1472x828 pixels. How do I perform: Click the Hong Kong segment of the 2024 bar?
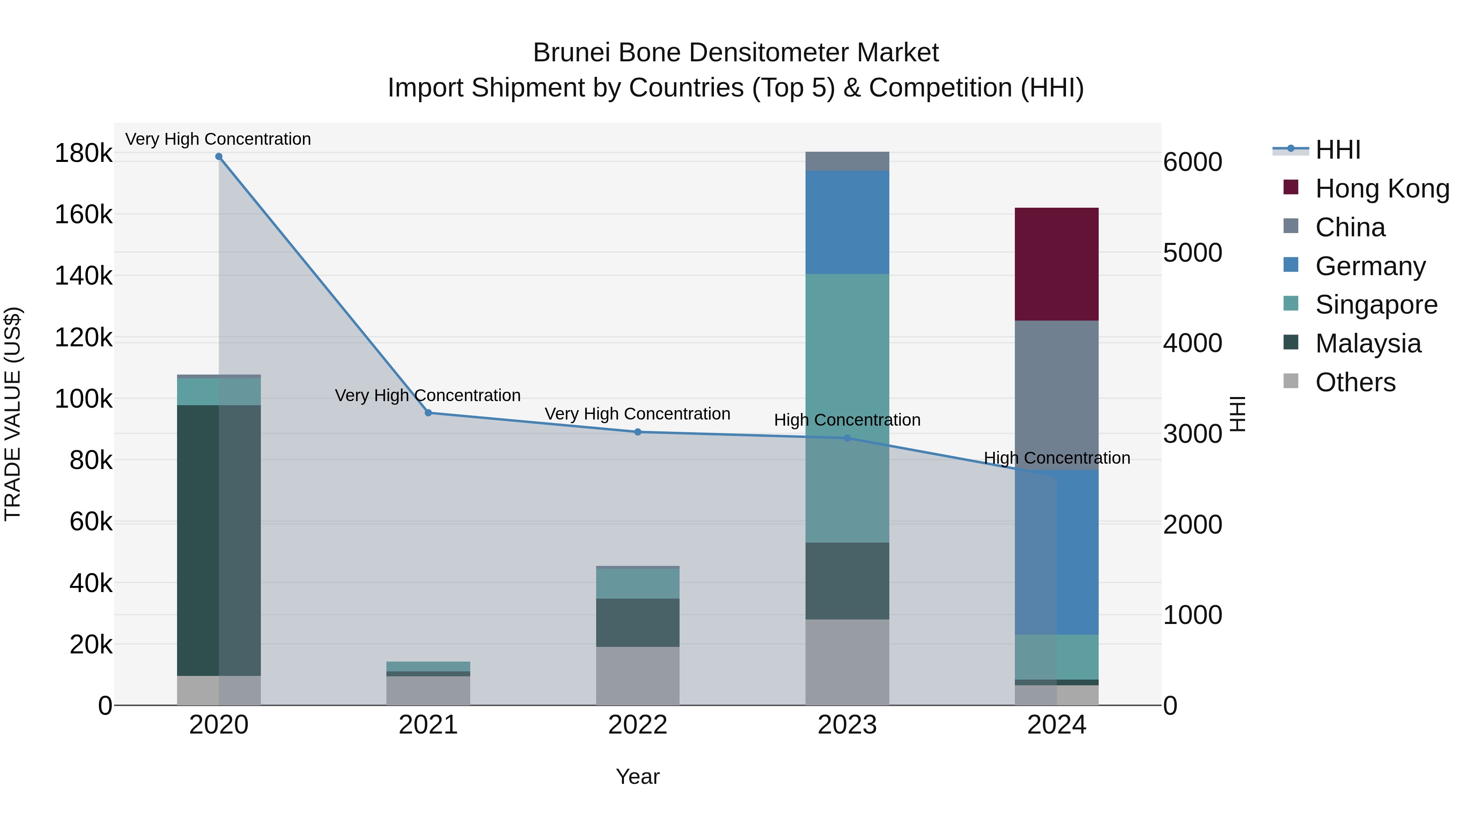(x=1056, y=264)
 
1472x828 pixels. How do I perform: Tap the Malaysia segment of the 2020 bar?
(x=219, y=540)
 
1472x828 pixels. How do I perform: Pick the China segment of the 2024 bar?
(x=1056, y=395)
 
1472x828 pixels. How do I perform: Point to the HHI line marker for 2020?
(x=219, y=157)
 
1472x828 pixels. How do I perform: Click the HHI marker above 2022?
(x=638, y=432)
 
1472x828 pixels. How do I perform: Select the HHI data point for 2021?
(x=428, y=413)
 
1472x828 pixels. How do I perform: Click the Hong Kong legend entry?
(x=1382, y=188)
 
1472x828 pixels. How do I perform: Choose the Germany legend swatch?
(x=1291, y=265)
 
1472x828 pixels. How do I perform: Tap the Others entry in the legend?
(x=1355, y=382)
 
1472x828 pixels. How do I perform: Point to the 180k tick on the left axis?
(x=83, y=153)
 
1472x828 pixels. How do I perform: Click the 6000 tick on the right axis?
(x=1193, y=162)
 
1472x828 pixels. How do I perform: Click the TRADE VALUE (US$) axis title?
(x=13, y=414)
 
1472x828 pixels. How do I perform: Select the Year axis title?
(x=638, y=776)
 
